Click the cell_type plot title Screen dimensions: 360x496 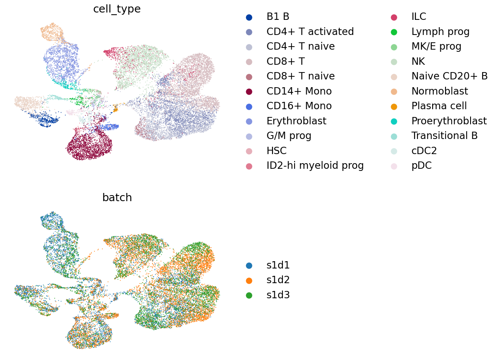pyautogui.click(x=117, y=9)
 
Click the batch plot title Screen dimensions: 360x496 pyautogui.click(x=117, y=198)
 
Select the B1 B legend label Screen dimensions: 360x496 pyautogui.click(x=278, y=17)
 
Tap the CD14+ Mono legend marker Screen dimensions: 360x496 pyautogui.click(x=249, y=92)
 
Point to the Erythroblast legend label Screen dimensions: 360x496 pyautogui.click(x=296, y=121)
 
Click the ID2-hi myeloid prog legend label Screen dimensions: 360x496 pyautogui.click(x=315, y=165)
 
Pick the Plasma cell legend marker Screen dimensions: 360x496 pyautogui.click(x=394, y=106)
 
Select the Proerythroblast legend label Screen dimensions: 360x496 pyautogui.click(x=449, y=121)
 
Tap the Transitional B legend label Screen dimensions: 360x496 pyautogui.click(x=444, y=136)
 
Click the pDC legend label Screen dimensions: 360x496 pyautogui.click(x=421, y=165)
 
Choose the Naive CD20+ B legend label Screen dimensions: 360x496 pyautogui.click(x=449, y=76)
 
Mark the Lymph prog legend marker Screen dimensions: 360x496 pyautogui.click(x=394, y=32)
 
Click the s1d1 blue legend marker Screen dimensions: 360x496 pyautogui.click(x=249, y=265)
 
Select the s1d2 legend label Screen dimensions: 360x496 pyautogui.click(x=278, y=280)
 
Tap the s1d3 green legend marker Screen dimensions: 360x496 pyautogui.click(x=249, y=295)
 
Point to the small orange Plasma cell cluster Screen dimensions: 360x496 pyautogui.click(x=115, y=108)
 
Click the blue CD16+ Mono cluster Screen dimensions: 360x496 pyautogui.click(x=111, y=127)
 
